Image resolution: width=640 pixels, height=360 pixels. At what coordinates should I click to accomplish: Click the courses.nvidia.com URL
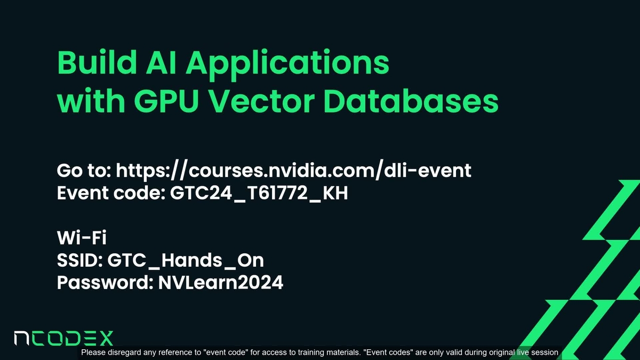pos(294,171)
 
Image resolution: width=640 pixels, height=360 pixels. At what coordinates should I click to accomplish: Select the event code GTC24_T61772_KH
pos(259,193)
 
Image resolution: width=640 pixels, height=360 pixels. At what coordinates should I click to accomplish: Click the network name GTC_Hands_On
pos(186,261)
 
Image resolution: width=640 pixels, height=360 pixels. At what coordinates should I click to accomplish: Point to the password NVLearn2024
pos(221,283)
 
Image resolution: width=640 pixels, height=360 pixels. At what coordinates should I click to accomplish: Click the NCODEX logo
pos(63,339)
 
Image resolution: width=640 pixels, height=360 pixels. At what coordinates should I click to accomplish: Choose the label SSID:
pos(80,261)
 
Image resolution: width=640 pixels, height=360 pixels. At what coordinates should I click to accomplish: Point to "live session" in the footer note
pos(539,353)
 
